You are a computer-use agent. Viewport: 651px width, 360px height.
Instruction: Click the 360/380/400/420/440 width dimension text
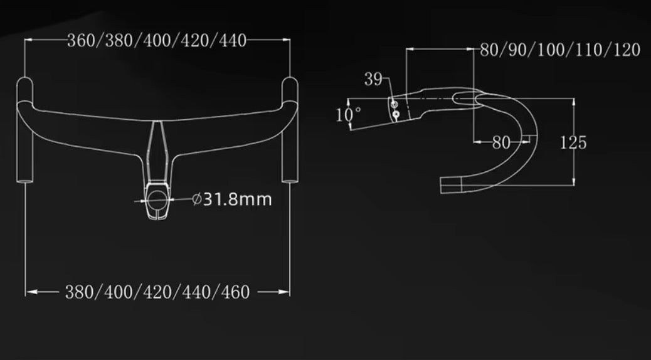click(x=157, y=41)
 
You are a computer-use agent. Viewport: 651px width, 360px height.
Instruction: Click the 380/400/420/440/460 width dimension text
click(x=157, y=292)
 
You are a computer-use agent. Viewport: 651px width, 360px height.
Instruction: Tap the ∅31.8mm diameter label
click(x=232, y=200)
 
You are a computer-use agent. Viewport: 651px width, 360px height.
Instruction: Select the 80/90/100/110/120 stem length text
click(x=560, y=51)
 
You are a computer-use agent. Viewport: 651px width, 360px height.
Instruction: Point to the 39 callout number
click(x=373, y=79)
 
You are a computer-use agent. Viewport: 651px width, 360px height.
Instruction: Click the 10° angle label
click(x=349, y=115)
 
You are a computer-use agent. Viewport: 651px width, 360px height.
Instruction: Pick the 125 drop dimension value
click(x=573, y=143)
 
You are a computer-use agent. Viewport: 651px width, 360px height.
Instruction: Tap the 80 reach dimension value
click(x=501, y=143)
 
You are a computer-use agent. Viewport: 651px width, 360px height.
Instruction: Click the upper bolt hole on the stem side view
click(x=394, y=103)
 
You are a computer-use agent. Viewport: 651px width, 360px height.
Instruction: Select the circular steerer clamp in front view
click(x=157, y=200)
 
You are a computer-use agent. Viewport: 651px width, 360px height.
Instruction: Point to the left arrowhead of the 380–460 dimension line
click(x=30, y=292)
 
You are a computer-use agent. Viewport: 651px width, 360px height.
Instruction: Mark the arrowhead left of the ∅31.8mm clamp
click(x=139, y=201)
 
